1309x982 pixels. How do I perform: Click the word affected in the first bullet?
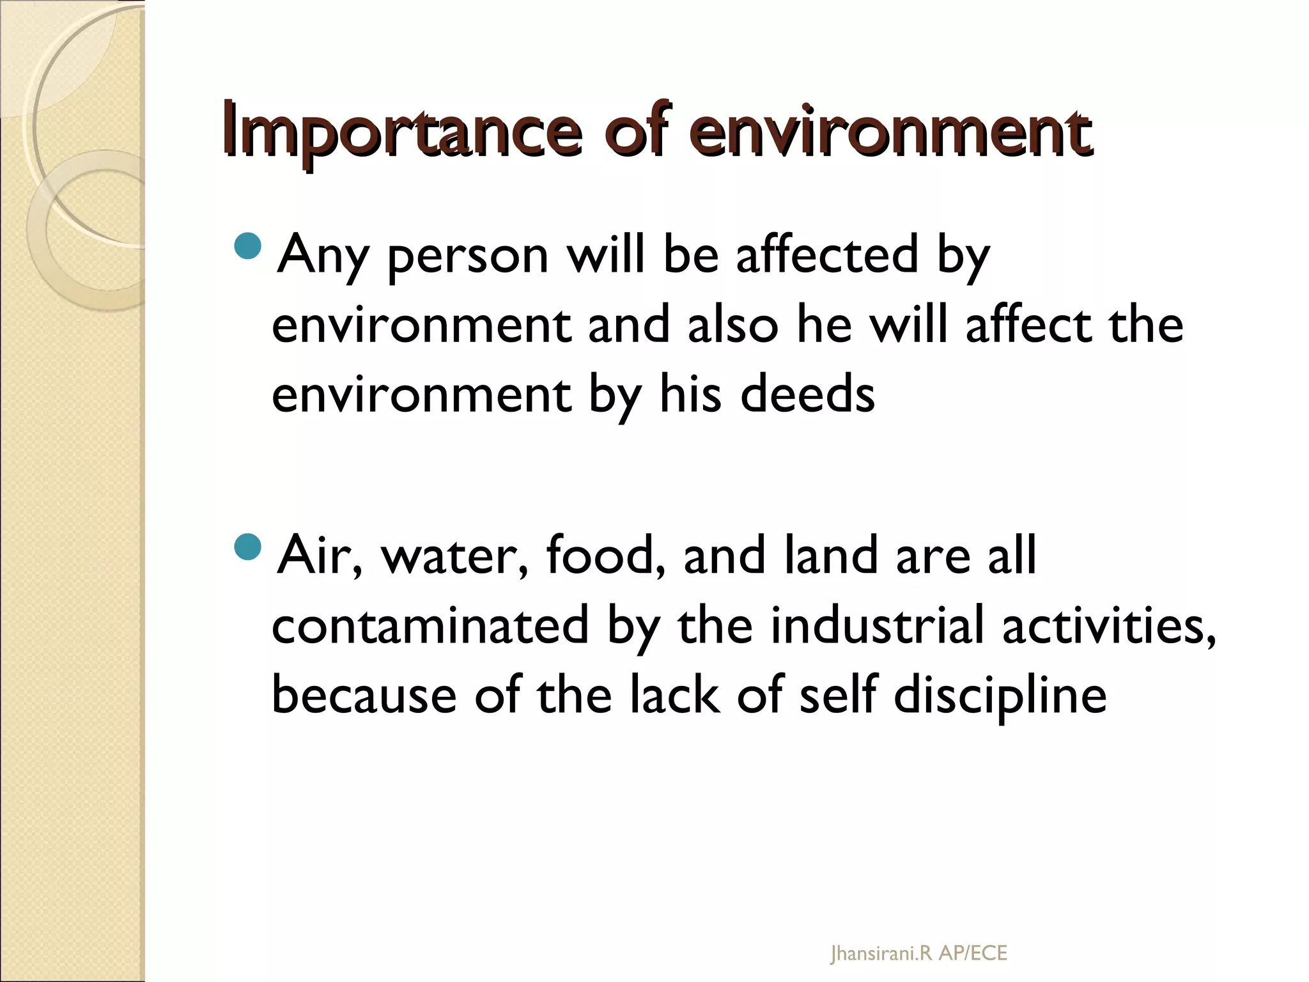[828, 254]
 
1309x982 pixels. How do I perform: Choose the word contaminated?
[430, 625]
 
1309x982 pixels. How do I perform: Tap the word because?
[364, 696]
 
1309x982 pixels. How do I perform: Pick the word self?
[837, 695]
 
